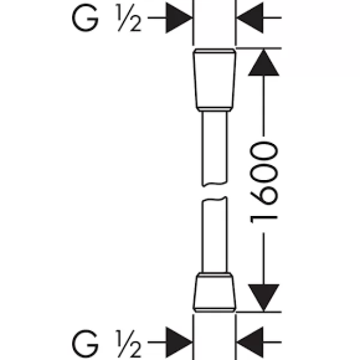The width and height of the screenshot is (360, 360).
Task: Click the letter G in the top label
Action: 85,17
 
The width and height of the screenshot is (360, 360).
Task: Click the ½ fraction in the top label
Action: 128,17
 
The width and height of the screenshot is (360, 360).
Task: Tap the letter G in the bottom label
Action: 85,344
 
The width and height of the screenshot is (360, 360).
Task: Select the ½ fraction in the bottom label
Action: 128,344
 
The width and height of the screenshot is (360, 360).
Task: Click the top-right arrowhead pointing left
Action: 250,17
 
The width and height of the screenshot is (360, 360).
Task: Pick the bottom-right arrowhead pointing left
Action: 250,342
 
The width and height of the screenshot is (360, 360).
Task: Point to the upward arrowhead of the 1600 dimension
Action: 264,62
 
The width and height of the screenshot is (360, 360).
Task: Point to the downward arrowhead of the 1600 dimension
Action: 264,298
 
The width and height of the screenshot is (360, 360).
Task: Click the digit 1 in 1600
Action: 263,220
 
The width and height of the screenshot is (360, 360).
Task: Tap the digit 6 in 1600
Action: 263,196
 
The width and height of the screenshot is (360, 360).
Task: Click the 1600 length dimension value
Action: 263,182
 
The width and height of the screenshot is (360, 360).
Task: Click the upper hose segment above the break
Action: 214,148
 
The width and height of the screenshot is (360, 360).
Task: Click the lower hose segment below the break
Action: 214,235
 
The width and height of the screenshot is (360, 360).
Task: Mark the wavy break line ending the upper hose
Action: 214,184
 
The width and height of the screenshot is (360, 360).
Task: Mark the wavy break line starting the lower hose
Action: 214,199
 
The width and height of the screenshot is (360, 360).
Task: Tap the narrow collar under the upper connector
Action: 214,109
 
